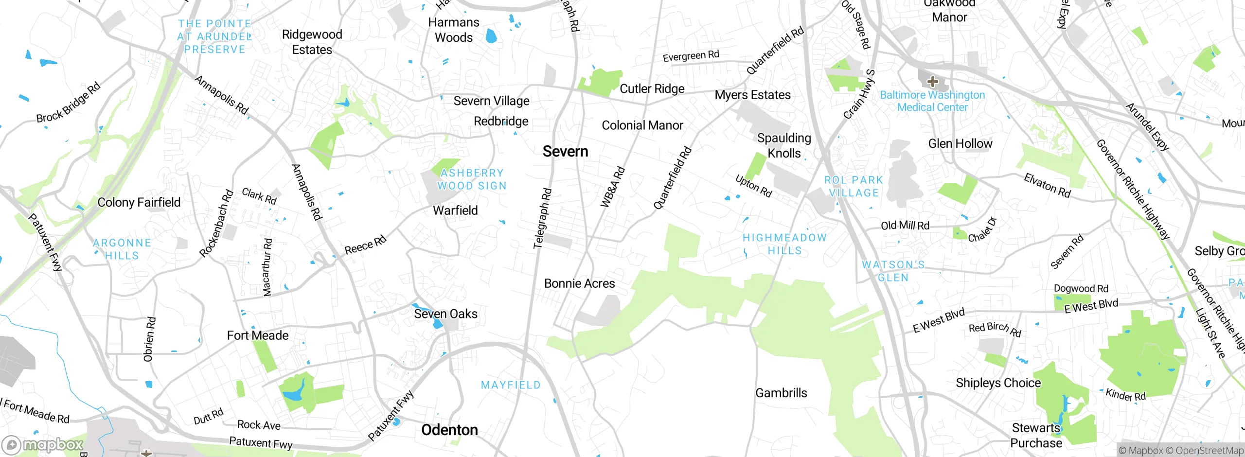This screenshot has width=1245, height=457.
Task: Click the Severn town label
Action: pyautogui.click(x=565, y=152)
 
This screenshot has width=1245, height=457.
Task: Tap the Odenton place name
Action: pyautogui.click(x=449, y=430)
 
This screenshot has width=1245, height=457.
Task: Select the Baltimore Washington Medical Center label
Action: pyautogui.click(x=932, y=101)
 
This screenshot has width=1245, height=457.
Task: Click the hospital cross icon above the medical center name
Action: pyautogui.click(x=932, y=81)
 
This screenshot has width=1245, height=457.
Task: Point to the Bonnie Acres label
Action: pyautogui.click(x=579, y=283)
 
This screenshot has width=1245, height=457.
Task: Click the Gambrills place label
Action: pyautogui.click(x=781, y=393)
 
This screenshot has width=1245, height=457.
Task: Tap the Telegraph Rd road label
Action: pyautogui.click(x=542, y=219)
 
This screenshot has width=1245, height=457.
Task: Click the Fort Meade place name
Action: pyautogui.click(x=258, y=335)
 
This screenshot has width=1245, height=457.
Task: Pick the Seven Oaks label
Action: pyautogui.click(x=445, y=314)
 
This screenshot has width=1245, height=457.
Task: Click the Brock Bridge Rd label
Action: pyautogui.click(x=68, y=103)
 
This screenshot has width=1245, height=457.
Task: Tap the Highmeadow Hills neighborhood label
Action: pyautogui.click(x=784, y=244)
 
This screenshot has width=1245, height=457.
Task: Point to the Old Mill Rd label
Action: pyautogui.click(x=905, y=226)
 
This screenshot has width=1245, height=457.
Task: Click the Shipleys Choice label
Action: pyautogui.click(x=998, y=383)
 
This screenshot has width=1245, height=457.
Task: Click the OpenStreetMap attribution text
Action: pyautogui.click(x=1209, y=451)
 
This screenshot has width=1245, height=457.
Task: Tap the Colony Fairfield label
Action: pyautogui.click(x=139, y=203)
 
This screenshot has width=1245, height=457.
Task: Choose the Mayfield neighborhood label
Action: pyautogui.click(x=511, y=385)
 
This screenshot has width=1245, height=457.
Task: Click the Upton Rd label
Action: pyautogui.click(x=753, y=186)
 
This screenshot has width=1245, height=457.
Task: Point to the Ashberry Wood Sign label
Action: pyautogui.click(x=472, y=179)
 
